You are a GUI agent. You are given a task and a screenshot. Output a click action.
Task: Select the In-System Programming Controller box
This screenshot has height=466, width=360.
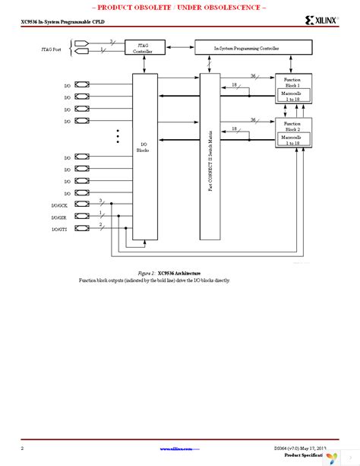pyautogui.click(x=253, y=48)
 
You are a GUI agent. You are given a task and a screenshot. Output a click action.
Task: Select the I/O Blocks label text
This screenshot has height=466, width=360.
pyautogui.click(x=143, y=147)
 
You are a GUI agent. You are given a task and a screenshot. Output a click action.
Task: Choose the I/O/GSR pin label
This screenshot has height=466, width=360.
pyautogui.click(x=59, y=218)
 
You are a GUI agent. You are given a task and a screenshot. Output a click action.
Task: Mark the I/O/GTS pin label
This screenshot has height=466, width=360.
pyautogui.click(x=59, y=229)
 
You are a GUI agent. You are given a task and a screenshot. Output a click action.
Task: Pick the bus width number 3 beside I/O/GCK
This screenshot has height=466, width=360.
pyautogui.click(x=100, y=200)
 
